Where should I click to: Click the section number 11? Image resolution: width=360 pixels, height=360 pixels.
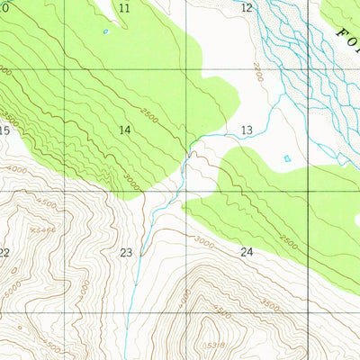tap(124, 8)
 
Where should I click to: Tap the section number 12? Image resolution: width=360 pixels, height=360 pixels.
tap(247, 8)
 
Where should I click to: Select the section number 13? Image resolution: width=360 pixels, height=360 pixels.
tap(247, 130)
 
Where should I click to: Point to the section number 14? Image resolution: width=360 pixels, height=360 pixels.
tap(125, 130)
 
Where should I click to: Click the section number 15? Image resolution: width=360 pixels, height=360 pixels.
tap(4, 130)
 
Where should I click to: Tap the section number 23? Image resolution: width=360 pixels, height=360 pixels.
tap(126, 253)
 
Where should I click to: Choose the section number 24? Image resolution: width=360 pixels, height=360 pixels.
tap(247, 253)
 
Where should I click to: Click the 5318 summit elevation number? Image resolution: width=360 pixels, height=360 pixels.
tap(216, 344)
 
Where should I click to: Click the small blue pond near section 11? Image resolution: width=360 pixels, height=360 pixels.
tap(106, 32)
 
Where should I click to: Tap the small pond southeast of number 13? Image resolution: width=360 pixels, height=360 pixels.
tap(287, 159)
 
